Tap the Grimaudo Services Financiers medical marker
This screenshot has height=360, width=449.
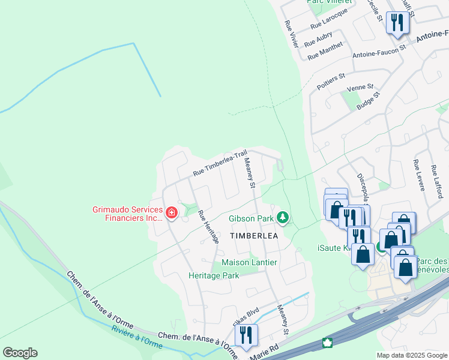pos(171,212)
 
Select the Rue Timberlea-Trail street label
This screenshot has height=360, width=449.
pos(220,163)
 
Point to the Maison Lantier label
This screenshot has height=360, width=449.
pos(249,262)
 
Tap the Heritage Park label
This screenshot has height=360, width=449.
pos(214,275)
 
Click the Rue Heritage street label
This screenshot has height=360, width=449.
pos(208,226)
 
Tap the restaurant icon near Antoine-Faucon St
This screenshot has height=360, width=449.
pos(397,23)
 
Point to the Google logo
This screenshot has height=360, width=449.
pos(20,353)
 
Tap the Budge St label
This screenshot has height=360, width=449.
pos(369,101)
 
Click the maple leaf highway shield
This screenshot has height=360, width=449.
pos(328,343)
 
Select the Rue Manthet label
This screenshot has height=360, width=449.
pos(325,50)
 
